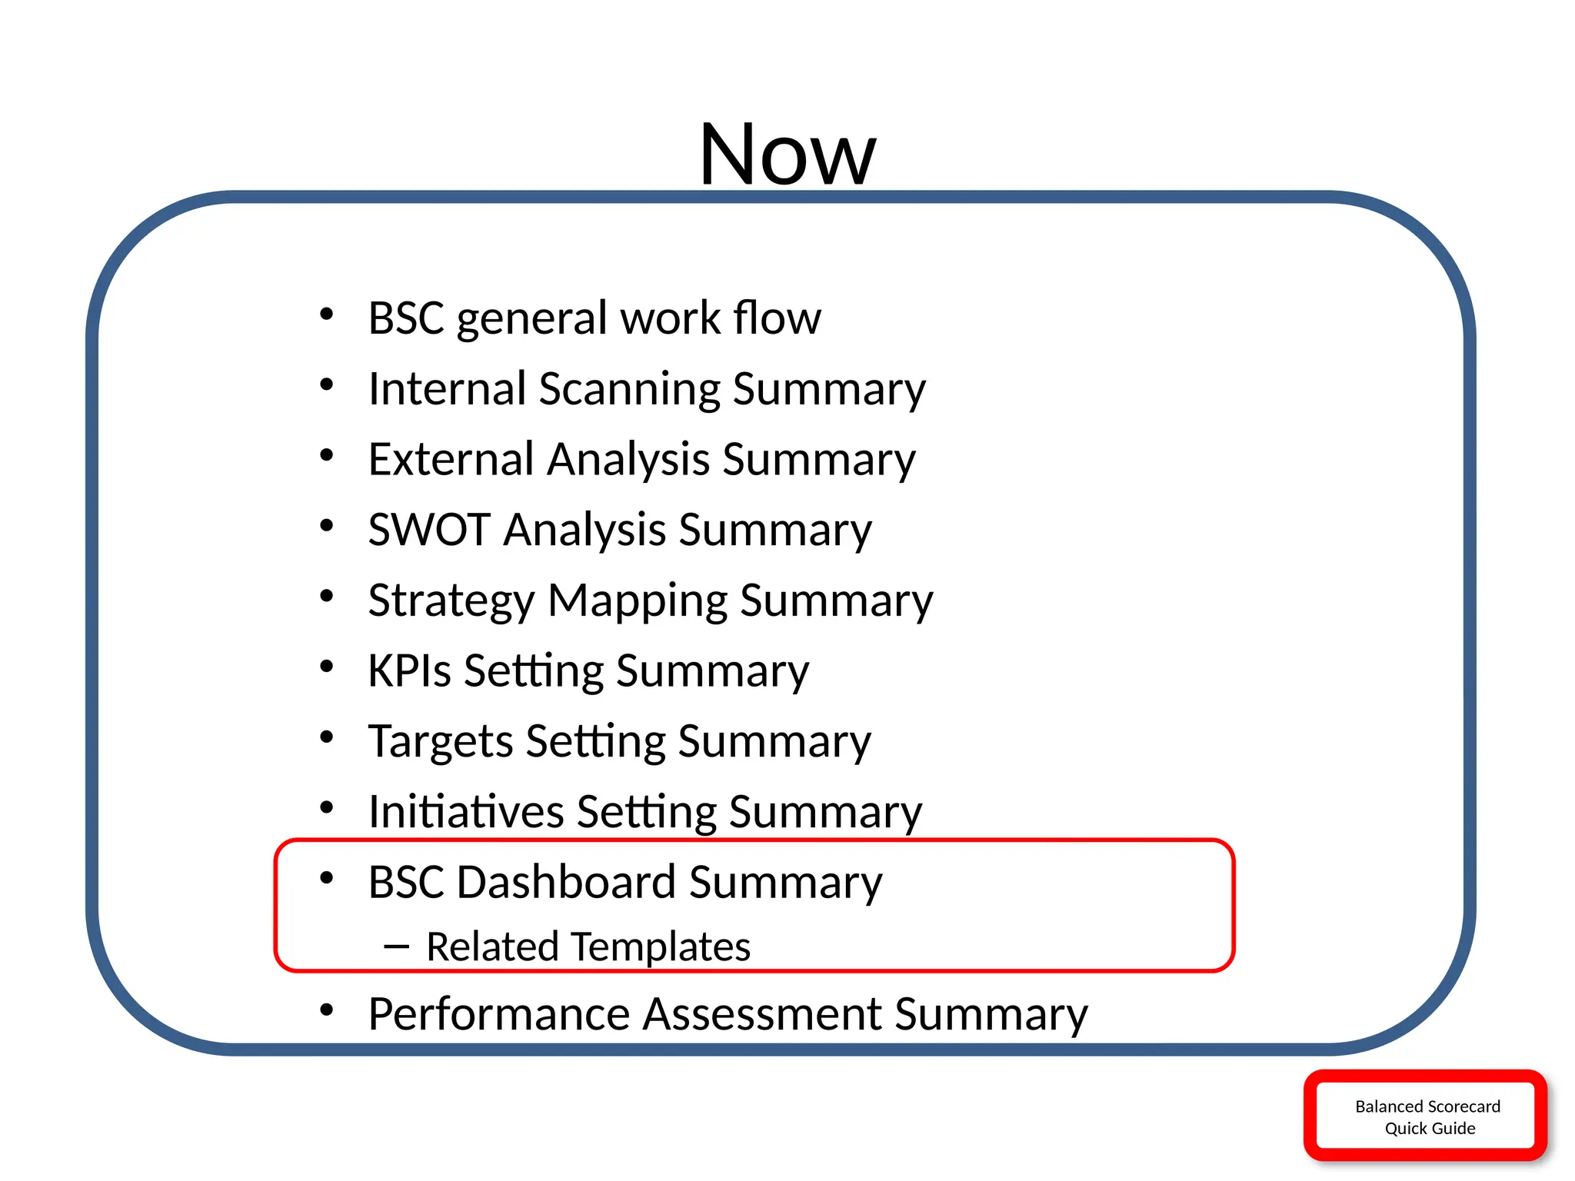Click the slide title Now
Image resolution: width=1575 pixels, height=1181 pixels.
[x=787, y=154]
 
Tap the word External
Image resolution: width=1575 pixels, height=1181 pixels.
[x=451, y=459]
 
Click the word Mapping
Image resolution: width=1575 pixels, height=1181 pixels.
[x=637, y=601]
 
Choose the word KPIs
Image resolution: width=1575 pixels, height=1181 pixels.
[x=408, y=670]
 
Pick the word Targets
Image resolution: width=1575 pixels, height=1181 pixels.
[x=439, y=742]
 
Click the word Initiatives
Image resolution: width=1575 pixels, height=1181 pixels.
[x=466, y=812]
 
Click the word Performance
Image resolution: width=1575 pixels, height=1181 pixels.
[x=498, y=1014]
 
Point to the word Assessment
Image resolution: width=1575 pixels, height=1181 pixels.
[x=761, y=1014]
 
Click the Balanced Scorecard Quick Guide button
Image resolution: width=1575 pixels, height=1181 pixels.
[x=1427, y=1116]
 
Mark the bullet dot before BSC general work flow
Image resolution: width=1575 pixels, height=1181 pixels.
[x=327, y=314]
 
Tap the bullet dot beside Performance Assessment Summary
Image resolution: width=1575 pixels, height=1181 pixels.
[x=327, y=1010]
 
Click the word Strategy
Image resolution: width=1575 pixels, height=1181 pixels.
[x=451, y=601]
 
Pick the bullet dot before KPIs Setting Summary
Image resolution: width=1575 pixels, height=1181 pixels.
[x=327, y=667]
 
